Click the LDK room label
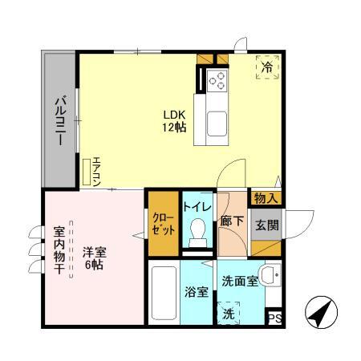click(175, 113)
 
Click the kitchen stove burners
click(217, 79)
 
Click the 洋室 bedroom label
click(94, 250)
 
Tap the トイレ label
click(197, 207)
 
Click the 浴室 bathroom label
click(197, 292)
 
